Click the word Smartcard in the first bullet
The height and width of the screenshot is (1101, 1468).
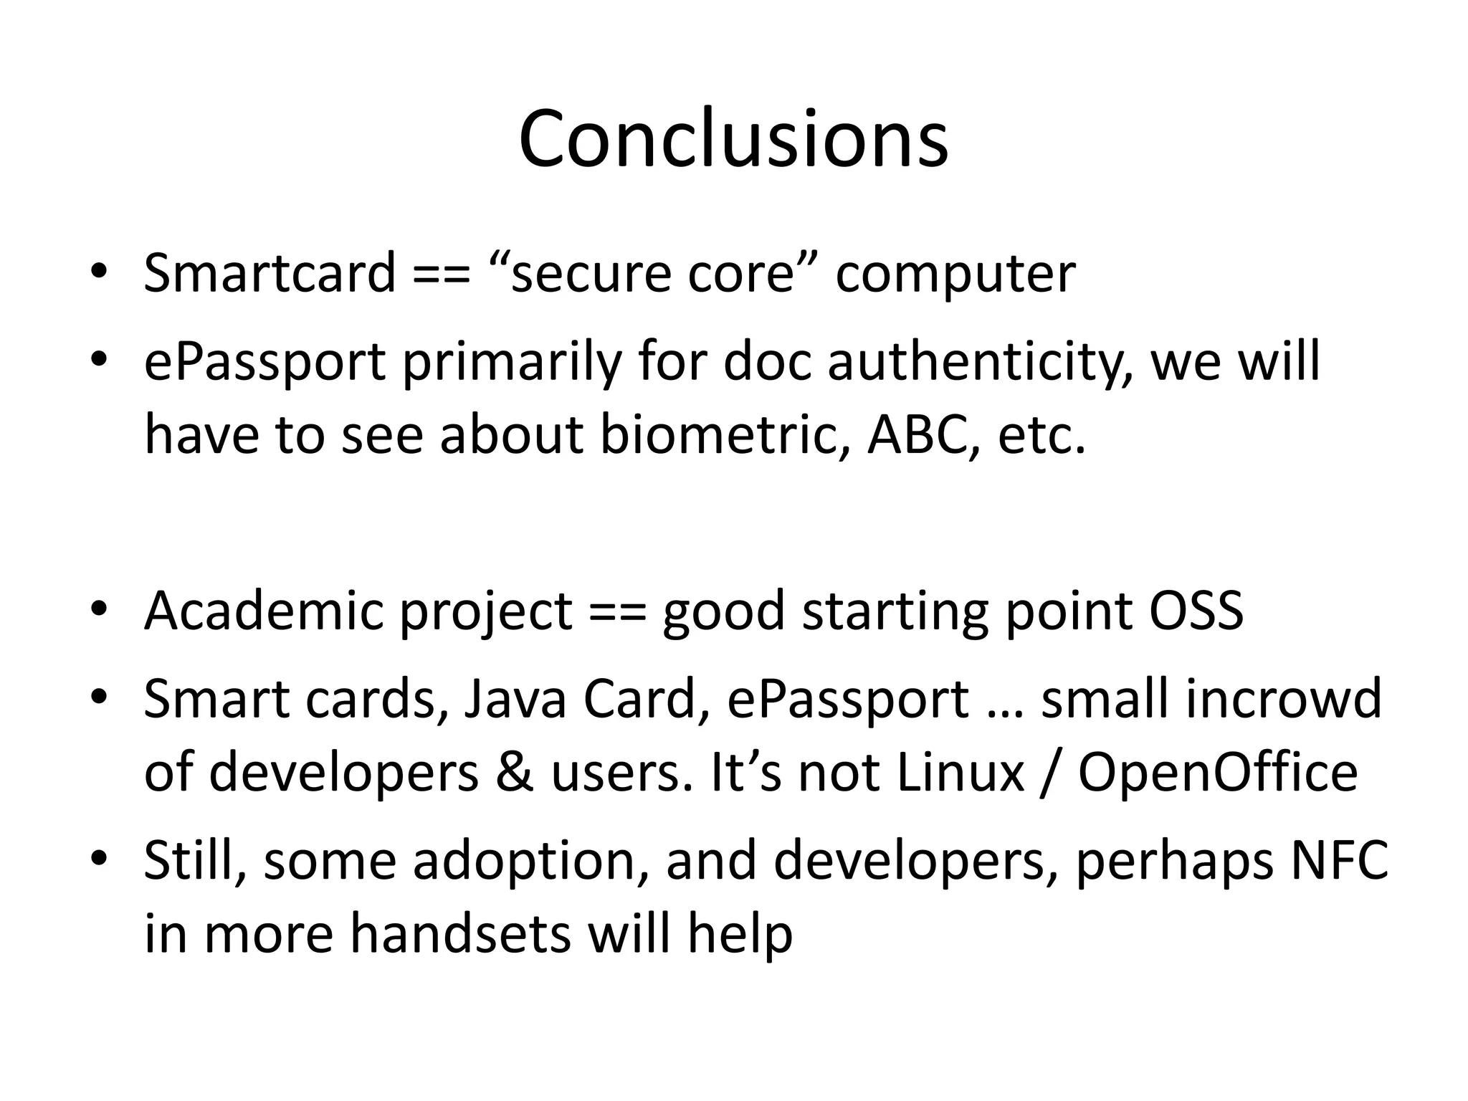coord(270,273)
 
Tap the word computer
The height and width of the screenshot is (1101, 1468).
coord(955,275)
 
